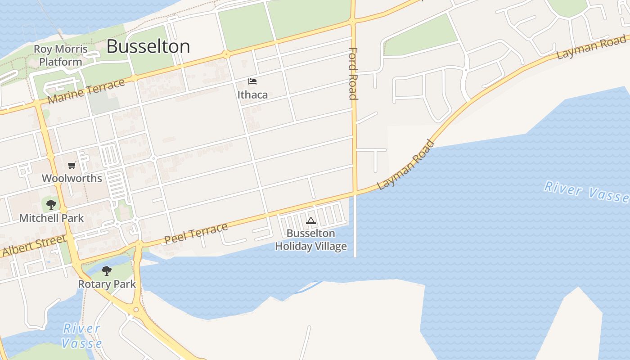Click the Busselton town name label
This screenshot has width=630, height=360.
tap(148, 46)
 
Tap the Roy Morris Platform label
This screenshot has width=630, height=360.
tap(61, 55)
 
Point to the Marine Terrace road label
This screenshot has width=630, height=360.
tap(86, 91)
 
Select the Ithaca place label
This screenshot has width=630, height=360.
tap(252, 94)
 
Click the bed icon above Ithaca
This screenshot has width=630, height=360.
tap(252, 81)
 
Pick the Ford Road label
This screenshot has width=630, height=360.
tap(353, 73)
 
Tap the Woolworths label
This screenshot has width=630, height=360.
tap(72, 178)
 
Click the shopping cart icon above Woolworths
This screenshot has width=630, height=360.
tap(72, 166)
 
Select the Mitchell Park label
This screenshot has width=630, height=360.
tap(51, 218)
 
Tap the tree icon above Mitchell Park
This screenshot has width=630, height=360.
tap(51, 205)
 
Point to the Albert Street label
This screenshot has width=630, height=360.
tap(35, 246)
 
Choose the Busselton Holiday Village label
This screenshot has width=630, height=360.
tap(311, 240)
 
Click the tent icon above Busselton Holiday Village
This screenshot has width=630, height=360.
tap(310, 221)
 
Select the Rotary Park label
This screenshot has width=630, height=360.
tap(107, 284)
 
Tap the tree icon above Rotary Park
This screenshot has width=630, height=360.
tap(107, 271)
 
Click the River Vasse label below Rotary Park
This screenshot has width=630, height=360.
tap(81, 336)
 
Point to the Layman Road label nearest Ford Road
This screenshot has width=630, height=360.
tap(406, 165)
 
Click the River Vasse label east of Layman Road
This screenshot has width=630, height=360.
tap(586, 192)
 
